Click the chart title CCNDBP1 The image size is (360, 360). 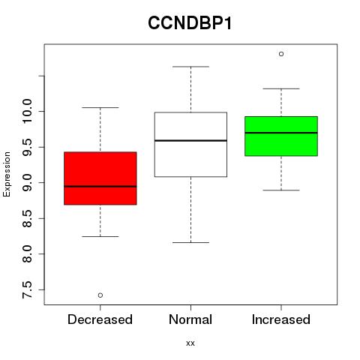pos(190,23)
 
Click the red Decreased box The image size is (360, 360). pos(100,178)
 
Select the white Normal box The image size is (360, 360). pos(190,145)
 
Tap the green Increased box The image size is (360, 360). pos(281,136)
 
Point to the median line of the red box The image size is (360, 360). pos(100,186)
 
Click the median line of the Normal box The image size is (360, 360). pos(190,140)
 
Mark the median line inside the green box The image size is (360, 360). pos(281,133)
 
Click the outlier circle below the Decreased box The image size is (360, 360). pos(100,295)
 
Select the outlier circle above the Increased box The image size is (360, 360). pos(281,54)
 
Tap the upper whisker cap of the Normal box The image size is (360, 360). pos(190,67)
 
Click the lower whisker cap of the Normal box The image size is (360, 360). pos(190,242)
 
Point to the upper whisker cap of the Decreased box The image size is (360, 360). pos(100,107)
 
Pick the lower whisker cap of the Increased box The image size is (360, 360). pos(281,190)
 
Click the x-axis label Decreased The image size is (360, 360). pos(100,319)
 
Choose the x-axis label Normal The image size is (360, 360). pos(190,319)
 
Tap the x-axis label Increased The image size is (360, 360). pos(281,319)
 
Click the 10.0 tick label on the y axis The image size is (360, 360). pos(27,111)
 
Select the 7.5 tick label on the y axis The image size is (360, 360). pos(27,289)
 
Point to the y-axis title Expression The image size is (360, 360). pos(7,174)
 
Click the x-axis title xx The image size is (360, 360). pos(190,343)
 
